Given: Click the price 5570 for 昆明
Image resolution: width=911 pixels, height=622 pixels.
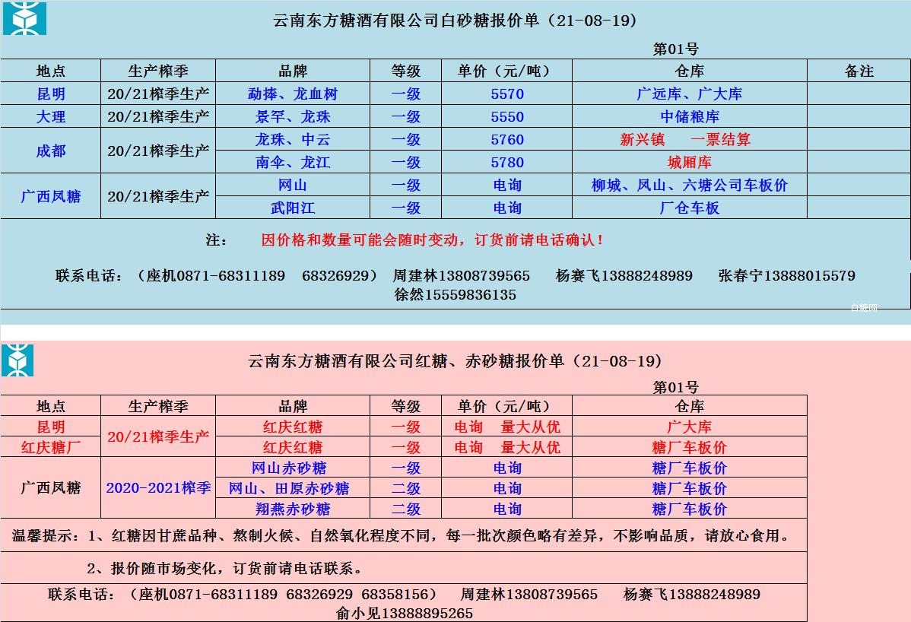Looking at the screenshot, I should [507, 94].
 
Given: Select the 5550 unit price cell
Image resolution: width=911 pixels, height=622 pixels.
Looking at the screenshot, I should [507, 117].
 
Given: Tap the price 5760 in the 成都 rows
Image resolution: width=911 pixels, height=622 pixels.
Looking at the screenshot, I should [507, 140].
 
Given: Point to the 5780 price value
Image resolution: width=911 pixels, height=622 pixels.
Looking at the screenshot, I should [507, 163].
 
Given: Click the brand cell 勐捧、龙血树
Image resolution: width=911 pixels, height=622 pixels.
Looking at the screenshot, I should [293, 94].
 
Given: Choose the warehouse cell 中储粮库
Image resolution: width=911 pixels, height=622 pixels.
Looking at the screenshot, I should [690, 117].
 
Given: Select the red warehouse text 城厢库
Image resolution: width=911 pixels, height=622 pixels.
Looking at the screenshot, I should [690, 163].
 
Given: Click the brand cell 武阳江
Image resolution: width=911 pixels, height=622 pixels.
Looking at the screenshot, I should [293, 208].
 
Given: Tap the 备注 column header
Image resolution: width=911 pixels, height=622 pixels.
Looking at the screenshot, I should [859, 71].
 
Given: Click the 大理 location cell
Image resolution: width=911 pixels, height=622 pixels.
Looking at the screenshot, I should [51, 117].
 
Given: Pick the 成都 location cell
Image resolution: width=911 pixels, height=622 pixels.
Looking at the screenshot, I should [51, 151].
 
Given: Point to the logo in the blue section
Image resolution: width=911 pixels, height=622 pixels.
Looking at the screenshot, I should [24, 18].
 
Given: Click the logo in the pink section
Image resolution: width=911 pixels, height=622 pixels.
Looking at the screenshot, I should [17, 360].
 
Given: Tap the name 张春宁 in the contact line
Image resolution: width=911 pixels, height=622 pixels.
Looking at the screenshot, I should [741, 275].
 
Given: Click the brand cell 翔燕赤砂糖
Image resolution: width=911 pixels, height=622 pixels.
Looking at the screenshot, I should [293, 509].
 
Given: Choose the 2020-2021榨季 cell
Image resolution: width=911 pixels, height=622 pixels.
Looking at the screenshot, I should [158, 488].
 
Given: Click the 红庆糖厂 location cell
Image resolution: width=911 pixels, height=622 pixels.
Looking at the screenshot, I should [51, 447].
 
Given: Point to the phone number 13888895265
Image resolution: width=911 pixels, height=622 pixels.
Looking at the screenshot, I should [427, 613].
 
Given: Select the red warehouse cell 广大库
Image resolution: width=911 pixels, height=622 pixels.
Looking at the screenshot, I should [690, 427].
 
